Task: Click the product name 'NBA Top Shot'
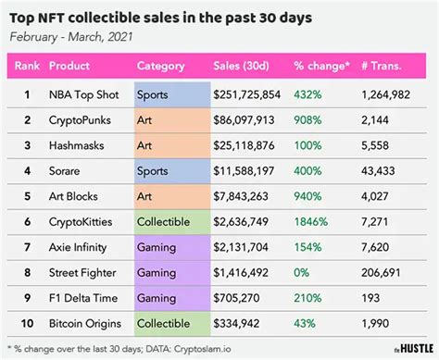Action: coord(85,94)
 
